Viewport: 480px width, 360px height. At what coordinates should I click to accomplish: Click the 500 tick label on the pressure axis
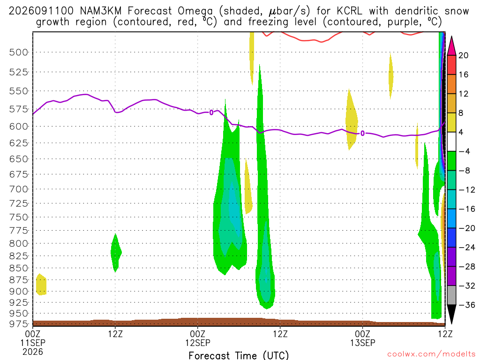coord(18,52)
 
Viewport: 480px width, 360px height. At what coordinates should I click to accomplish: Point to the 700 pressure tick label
coord(18,189)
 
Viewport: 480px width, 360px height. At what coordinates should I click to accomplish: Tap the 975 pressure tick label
coord(18,323)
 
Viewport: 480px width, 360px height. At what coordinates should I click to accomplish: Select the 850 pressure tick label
coord(18,268)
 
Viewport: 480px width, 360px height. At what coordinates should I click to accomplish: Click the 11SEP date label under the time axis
coord(33,343)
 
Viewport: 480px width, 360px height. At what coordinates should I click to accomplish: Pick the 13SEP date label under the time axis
coord(363,343)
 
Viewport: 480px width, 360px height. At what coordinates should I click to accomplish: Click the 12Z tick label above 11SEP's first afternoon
coord(115,334)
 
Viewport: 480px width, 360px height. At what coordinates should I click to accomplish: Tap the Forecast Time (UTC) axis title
coord(239,355)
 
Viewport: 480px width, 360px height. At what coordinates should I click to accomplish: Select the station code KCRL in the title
coord(349,11)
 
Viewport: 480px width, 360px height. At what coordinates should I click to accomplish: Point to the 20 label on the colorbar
coord(463,55)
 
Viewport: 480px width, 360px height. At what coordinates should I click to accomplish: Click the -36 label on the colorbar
coord(467,305)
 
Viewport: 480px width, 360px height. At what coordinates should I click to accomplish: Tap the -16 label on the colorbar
coord(467,209)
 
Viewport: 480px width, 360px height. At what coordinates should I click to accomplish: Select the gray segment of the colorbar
coord(451,295)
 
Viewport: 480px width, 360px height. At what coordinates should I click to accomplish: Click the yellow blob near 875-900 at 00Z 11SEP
coord(41,285)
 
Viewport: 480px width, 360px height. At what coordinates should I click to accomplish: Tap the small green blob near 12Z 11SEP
coord(116,253)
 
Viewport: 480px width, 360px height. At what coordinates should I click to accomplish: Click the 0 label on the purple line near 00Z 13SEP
coord(362,134)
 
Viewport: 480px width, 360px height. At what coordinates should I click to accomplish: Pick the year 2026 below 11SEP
coord(33,352)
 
